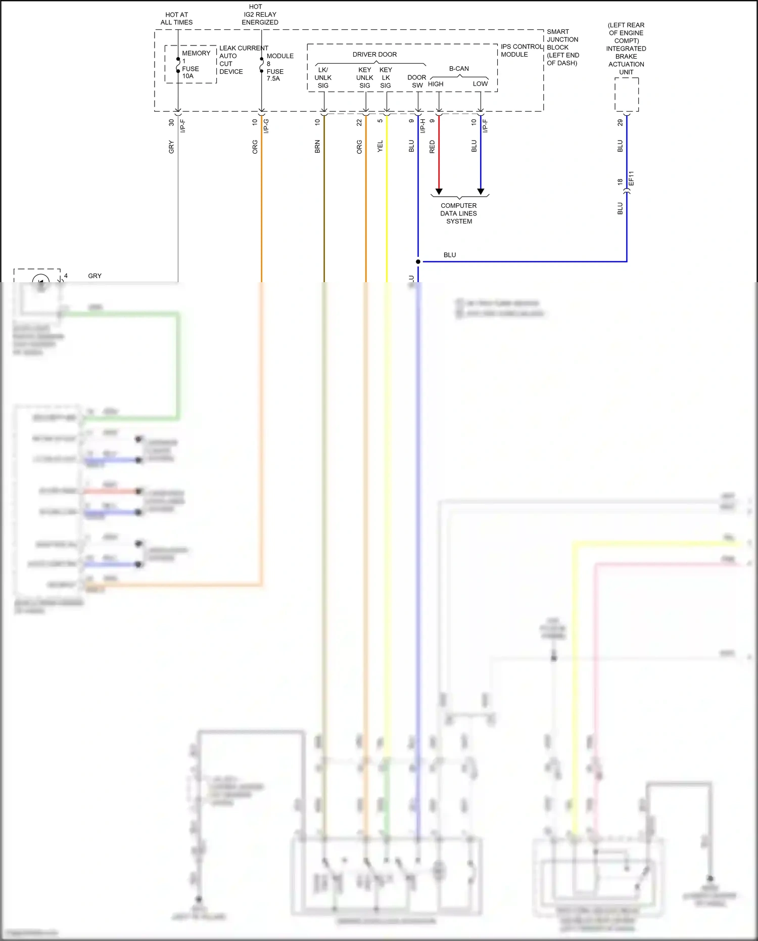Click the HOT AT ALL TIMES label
coord(176,19)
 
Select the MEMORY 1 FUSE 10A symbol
coord(178,65)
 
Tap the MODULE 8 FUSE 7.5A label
coord(278,67)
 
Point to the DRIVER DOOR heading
coord(374,55)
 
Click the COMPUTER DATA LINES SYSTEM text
coord(458,213)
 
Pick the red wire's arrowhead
coord(439,191)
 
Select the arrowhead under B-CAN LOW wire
coord(481,191)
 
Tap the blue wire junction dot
coord(418,261)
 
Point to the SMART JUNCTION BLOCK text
coord(562,47)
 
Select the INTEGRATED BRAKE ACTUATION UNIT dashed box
coord(627,95)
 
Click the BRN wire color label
coord(317,147)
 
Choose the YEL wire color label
coord(380,147)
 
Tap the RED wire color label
coord(432,147)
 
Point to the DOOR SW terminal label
coord(417,81)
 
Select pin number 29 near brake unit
coord(620,122)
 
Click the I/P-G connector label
coord(266,126)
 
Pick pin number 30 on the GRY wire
coord(171,122)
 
